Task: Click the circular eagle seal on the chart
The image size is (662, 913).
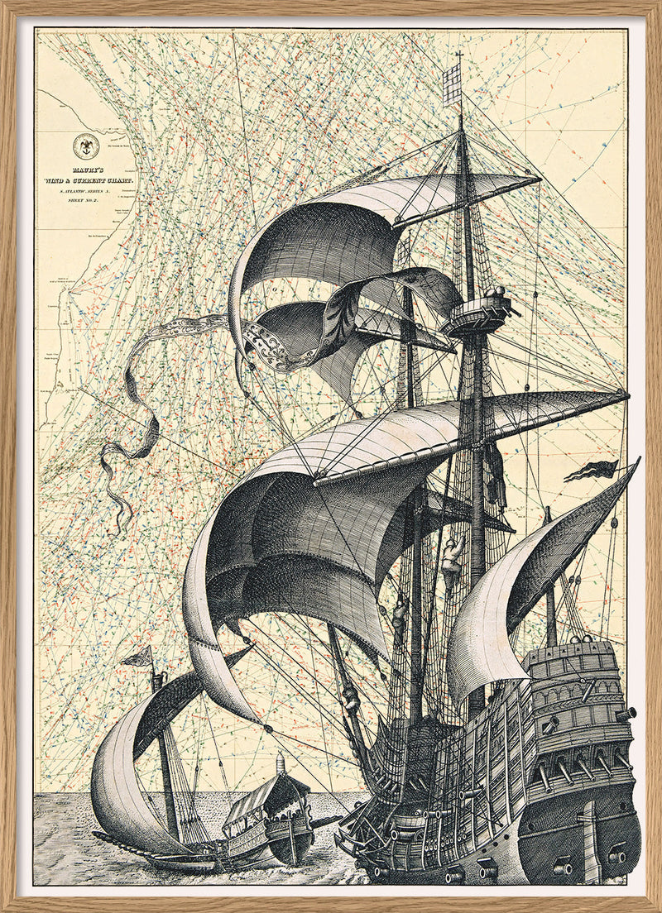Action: (85, 147)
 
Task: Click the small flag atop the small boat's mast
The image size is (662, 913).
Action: (138, 657)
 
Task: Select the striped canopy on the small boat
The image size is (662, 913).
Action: (252, 797)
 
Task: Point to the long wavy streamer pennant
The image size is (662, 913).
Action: (132, 413)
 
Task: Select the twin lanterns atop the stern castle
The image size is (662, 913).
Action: (579, 640)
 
